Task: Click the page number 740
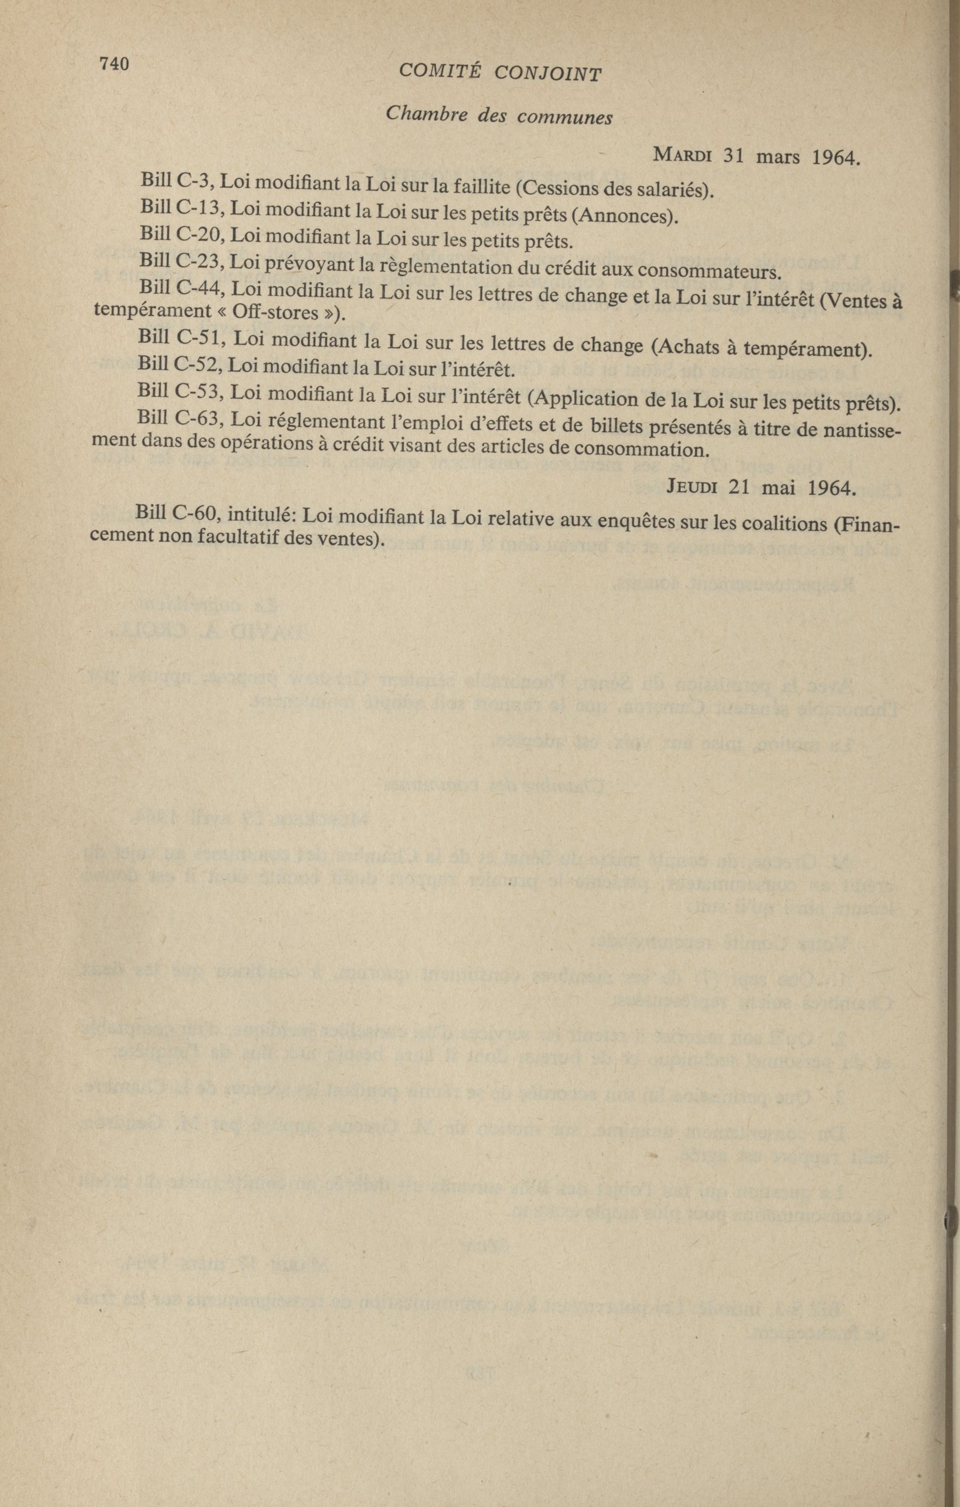[113, 64]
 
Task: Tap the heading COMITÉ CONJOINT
[500, 73]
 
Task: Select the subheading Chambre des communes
[499, 114]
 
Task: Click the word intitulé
[259, 515]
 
